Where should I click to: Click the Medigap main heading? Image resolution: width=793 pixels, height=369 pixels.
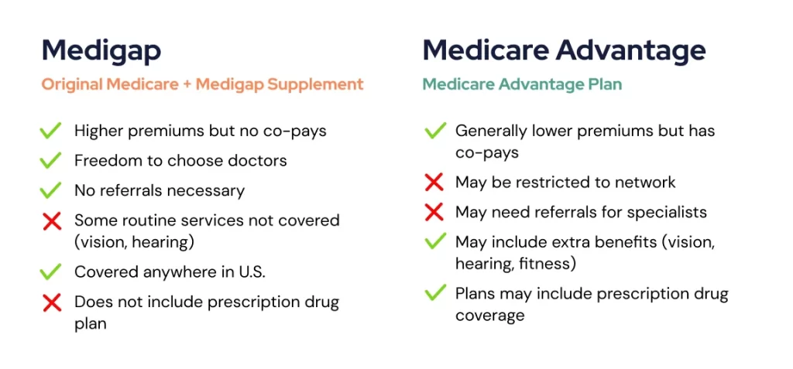coord(101,50)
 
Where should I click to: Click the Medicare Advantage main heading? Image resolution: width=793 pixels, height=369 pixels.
coord(564,50)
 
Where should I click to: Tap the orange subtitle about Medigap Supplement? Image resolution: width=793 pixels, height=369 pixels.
coord(202,84)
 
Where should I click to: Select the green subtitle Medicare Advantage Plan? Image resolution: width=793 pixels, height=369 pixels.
coord(522,84)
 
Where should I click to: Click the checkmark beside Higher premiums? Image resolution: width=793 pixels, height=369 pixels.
coord(50,131)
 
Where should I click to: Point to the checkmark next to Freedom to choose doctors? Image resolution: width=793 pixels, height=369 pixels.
coord(50,161)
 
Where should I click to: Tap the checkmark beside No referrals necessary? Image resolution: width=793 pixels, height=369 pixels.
coord(50,190)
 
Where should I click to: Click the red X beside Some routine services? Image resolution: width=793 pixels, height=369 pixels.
coord(51,221)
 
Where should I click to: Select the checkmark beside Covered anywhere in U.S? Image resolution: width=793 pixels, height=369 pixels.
coord(50,272)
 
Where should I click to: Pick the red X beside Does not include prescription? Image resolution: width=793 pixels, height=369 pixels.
coord(51,302)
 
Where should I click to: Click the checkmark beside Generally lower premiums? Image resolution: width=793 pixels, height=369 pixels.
coord(434,131)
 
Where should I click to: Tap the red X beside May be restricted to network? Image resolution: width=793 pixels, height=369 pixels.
coord(434,183)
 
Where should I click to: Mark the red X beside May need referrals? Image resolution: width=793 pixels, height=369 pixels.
coord(434,212)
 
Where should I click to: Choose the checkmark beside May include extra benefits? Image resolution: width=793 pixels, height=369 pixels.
coord(434,242)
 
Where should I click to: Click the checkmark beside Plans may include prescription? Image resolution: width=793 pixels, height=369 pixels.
coord(434,294)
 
